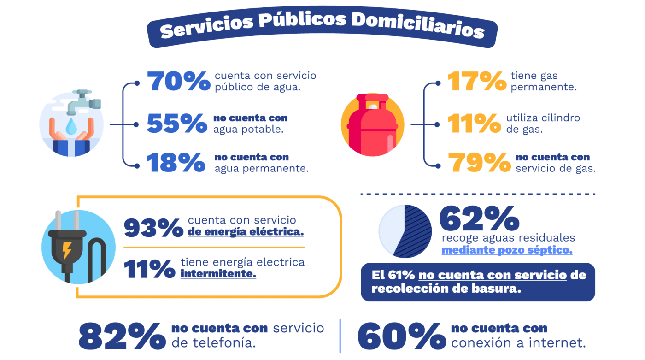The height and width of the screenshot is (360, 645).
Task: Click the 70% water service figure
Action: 179,81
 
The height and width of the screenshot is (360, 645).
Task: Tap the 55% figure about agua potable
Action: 177,123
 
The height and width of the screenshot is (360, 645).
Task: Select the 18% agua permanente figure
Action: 176,162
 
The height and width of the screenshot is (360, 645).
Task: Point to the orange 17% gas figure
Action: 477,81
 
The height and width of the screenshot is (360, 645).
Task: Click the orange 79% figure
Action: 480,162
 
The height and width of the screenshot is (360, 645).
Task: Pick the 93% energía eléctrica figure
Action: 153,228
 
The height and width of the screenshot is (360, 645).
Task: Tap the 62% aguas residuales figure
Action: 479,219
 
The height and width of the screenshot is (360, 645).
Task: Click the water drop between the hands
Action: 71,127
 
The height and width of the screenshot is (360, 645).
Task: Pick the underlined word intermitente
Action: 218,274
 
